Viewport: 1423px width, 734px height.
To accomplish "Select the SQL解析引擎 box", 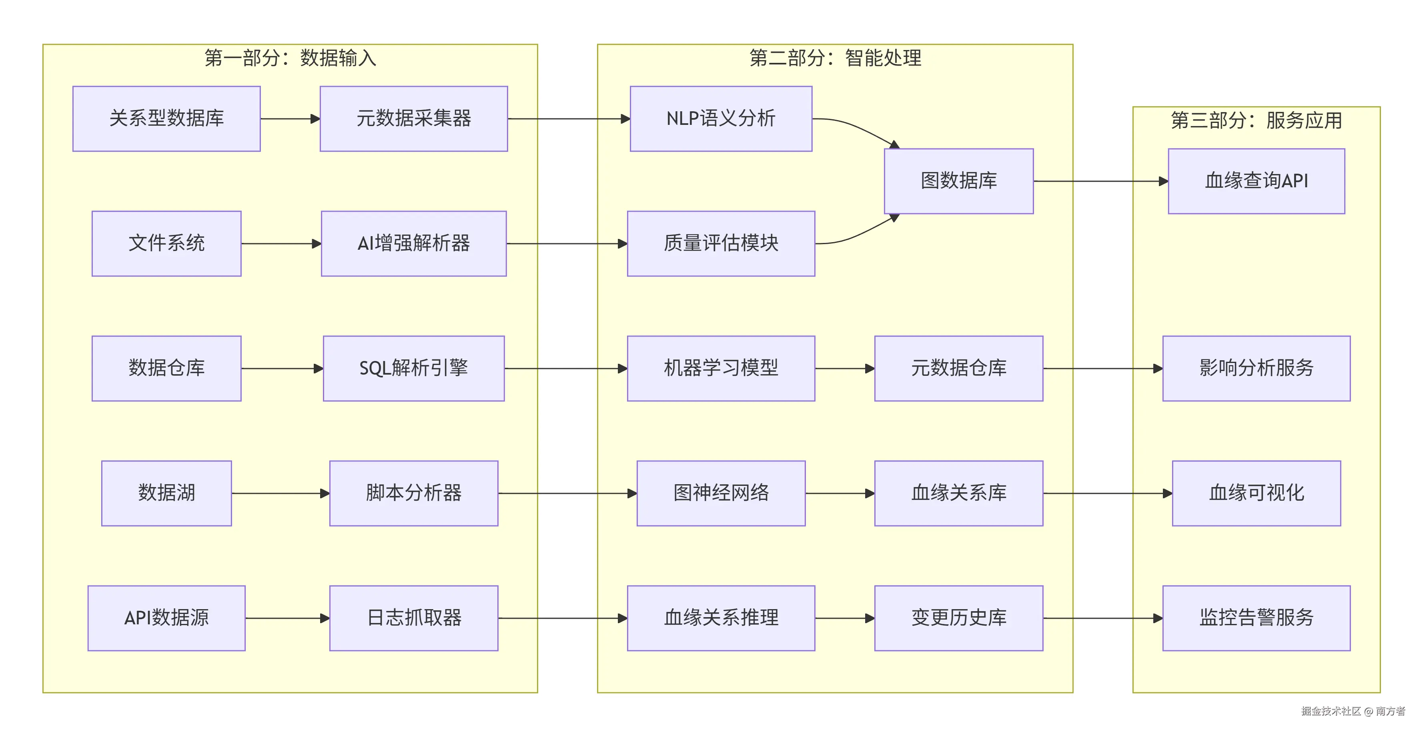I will [413, 368].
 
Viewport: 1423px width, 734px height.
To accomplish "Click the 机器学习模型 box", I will [720, 368].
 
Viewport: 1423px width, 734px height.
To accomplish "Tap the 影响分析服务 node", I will [1256, 368].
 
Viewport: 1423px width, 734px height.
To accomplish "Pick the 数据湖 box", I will [166, 493].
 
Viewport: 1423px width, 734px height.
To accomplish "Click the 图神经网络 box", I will [720, 493].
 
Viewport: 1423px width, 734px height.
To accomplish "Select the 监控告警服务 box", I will [1256, 618].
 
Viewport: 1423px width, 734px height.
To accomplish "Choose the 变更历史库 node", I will [958, 618].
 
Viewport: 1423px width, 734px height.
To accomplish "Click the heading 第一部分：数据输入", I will [290, 58].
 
